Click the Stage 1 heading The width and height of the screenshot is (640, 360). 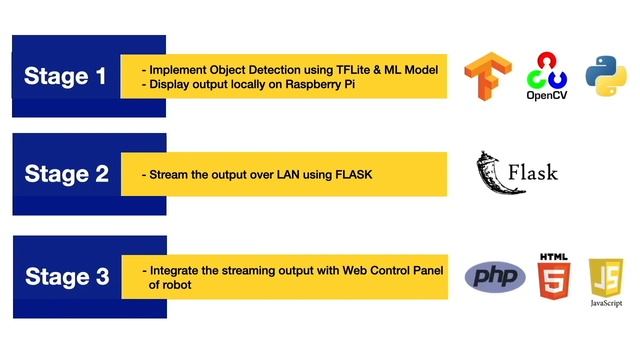pyautogui.click(x=65, y=77)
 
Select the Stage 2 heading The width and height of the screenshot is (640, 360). pyautogui.click(x=66, y=174)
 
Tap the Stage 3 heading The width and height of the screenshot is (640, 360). pyautogui.click(x=66, y=277)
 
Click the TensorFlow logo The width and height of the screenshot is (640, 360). pyautogui.click(x=483, y=78)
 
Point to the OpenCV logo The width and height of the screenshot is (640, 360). pyautogui.click(x=546, y=77)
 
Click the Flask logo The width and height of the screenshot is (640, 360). pyautogui.click(x=516, y=173)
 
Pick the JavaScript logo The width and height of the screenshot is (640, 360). pyautogui.click(x=606, y=279)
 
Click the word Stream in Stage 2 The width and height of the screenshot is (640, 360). pyautogui.click(x=168, y=175)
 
